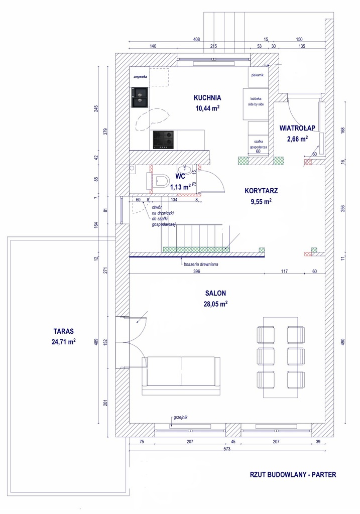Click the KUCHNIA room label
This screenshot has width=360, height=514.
click(x=207, y=98)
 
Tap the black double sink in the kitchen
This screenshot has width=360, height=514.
click(x=140, y=97)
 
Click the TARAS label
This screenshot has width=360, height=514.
click(x=63, y=331)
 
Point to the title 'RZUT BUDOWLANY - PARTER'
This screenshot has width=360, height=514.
click(x=293, y=474)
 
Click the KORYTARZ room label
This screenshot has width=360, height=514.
click(x=261, y=191)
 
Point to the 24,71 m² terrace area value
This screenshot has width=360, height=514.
click(x=63, y=342)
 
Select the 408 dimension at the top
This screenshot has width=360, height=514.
click(x=197, y=39)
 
